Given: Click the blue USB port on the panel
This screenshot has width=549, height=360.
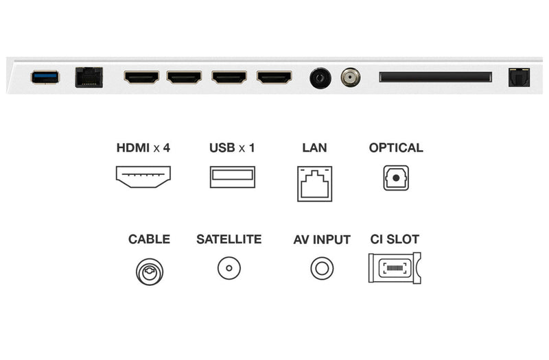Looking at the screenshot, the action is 45,77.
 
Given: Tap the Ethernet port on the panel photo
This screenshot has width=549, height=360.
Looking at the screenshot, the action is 89,77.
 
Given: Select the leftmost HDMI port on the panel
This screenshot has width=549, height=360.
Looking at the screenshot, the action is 141,77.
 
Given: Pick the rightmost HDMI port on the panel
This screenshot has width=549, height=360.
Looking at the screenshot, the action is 274,77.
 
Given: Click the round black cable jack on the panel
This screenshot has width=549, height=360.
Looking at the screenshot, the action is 320,77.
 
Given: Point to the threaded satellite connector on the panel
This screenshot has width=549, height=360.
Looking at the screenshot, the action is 351,77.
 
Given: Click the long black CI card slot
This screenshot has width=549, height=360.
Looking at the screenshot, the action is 435,77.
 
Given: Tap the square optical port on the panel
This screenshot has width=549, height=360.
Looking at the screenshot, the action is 519,77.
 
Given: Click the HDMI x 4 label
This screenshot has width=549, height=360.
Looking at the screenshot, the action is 143,147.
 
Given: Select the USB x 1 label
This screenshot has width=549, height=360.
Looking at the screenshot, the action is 232,147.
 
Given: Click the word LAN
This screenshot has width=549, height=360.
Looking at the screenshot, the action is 314,147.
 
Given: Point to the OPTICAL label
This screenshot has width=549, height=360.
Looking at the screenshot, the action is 396,147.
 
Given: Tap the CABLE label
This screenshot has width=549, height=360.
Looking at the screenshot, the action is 149,239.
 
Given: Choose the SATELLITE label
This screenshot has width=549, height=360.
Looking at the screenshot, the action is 229,239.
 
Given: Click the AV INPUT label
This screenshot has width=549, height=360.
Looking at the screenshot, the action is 322,239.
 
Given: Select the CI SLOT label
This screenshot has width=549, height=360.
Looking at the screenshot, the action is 395,239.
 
